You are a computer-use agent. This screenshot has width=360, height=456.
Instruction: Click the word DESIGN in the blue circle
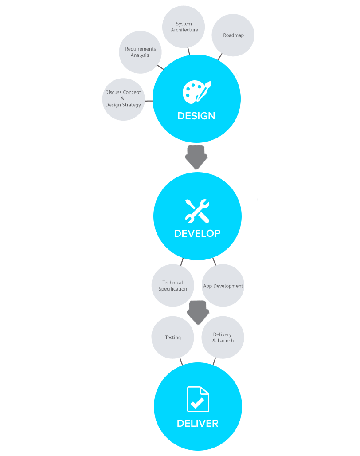pos(196,116)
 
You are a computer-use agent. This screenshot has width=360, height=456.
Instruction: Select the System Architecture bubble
pos(184,27)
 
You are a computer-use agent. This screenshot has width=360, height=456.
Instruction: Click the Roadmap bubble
pos(233,35)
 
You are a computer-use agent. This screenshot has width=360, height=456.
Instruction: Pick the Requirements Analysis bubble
pos(140,52)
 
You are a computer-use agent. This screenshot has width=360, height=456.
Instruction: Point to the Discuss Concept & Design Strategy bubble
pos(123,99)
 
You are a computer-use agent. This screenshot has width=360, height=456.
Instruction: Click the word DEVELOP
pos(197,233)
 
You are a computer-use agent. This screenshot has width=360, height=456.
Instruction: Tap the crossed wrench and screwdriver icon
pos(197,211)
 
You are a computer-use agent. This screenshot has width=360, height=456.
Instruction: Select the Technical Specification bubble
pos(172,286)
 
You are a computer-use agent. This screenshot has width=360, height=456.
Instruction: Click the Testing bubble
pos(173,338)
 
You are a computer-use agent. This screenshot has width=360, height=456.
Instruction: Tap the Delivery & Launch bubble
pos(223,338)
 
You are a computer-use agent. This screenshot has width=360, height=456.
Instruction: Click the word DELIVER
pos(198,423)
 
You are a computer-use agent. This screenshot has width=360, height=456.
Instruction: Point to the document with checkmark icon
pos(198,399)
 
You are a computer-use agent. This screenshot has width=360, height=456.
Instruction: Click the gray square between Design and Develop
pos(196,157)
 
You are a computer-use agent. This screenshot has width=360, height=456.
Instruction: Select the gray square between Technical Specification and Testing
pos(198,311)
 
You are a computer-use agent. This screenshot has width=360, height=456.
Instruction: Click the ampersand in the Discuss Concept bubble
pos(122,98)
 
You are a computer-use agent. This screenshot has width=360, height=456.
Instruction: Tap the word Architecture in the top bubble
pos(184,30)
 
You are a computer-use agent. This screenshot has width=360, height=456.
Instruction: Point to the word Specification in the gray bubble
pos(173,289)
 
